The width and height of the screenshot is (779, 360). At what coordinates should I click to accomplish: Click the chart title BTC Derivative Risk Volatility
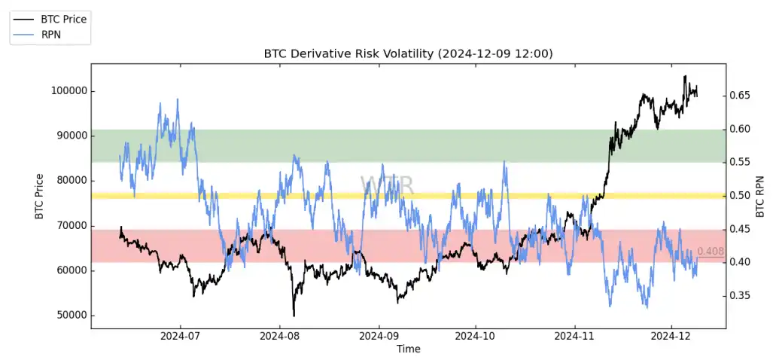point(408,53)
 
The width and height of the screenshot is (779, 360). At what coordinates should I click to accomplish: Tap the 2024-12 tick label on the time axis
point(671,336)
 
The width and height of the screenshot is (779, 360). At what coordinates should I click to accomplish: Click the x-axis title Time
point(408,349)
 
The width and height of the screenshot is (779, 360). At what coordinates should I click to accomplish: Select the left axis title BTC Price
point(39,197)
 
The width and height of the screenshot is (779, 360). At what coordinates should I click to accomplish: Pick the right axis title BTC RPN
point(759,197)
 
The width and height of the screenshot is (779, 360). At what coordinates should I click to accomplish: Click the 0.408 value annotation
point(711,252)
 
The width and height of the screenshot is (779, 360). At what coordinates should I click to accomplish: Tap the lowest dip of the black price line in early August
point(294,316)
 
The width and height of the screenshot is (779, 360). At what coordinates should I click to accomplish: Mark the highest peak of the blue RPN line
point(178,99)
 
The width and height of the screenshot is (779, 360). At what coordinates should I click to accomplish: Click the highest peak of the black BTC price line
point(685,76)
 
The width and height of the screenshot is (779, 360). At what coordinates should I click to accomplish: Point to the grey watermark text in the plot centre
point(386,185)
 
